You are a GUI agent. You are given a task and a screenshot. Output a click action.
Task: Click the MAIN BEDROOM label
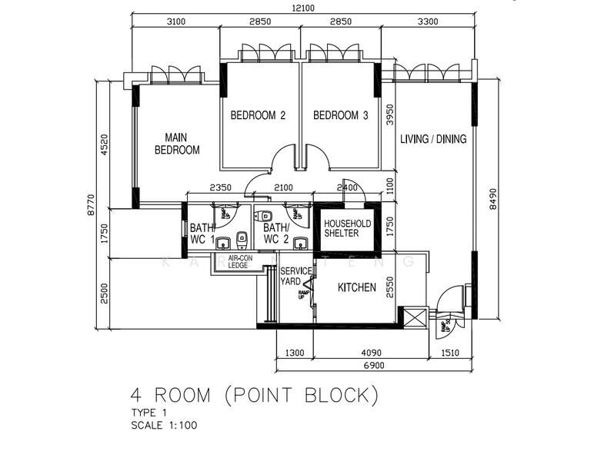pyautogui.click(x=177, y=144)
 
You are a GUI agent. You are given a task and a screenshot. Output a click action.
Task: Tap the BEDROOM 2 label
pyautogui.click(x=258, y=116)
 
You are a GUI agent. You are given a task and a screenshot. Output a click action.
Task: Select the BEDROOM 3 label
pyautogui.click(x=341, y=116)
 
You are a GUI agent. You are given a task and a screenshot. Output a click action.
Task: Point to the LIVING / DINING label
pyautogui.click(x=433, y=139)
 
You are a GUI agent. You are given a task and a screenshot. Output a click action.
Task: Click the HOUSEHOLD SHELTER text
pyautogui.click(x=347, y=228)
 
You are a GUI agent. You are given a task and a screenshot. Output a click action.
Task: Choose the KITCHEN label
pyautogui.click(x=357, y=288)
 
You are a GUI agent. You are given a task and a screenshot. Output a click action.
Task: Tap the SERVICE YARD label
pyautogui.click(x=295, y=277)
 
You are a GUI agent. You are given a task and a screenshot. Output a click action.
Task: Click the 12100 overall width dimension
pyautogui.click(x=301, y=8)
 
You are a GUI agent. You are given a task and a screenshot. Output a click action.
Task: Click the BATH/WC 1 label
pyautogui.click(x=202, y=234)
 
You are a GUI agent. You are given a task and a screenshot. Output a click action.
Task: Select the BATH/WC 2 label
pyautogui.click(x=275, y=234)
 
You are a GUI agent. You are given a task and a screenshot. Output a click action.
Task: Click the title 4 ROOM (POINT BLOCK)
pyautogui.click(x=255, y=396)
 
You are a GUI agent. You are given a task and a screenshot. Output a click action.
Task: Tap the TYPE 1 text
pyautogui.click(x=148, y=413)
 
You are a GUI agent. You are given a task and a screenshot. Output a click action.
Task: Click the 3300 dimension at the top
pyautogui.click(x=427, y=22)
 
